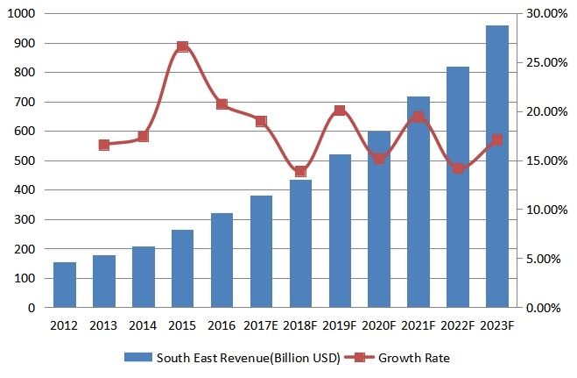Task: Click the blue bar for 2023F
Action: click(x=496, y=167)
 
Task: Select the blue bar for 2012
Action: click(x=65, y=285)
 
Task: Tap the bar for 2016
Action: click(x=222, y=260)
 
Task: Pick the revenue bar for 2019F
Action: click(x=340, y=231)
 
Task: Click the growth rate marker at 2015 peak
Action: click(x=182, y=46)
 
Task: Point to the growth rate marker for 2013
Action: click(x=104, y=145)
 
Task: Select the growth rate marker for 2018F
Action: click(x=300, y=171)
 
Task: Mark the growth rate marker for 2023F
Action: click(x=496, y=139)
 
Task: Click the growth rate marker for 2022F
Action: click(x=457, y=168)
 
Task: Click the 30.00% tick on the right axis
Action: click(x=544, y=14)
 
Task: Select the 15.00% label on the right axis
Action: click(x=544, y=161)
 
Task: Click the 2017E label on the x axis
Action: click(x=261, y=325)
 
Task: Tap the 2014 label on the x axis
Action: click(x=143, y=325)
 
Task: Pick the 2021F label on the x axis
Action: click(x=418, y=325)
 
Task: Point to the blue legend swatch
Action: click(x=137, y=358)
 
